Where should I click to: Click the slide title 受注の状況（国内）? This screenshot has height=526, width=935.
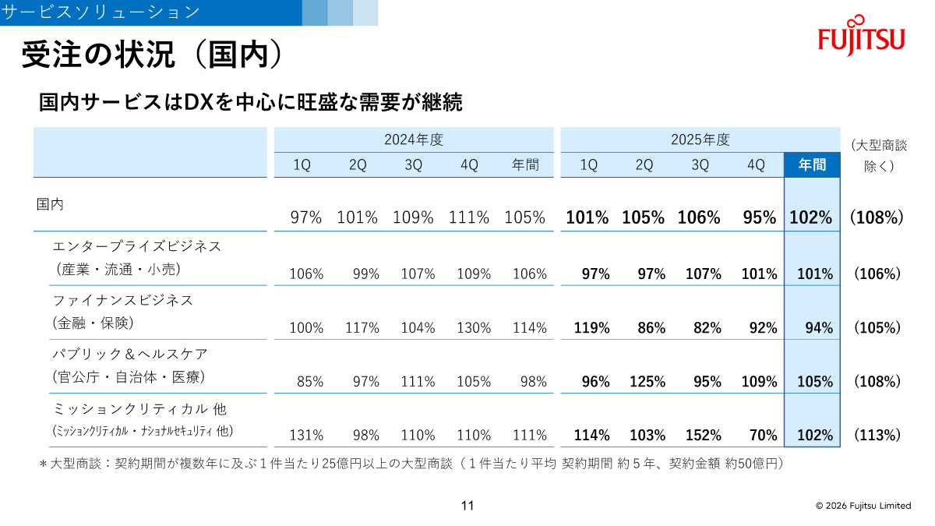[x=150, y=55]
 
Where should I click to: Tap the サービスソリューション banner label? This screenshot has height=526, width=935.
[x=101, y=12]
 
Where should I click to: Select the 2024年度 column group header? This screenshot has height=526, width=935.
[x=413, y=140]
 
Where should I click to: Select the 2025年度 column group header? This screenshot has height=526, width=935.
[x=700, y=140]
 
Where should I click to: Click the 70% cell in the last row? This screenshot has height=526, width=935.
[x=763, y=435]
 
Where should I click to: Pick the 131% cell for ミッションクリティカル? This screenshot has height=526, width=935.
[x=306, y=435]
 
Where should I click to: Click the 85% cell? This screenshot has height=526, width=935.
[x=309, y=382]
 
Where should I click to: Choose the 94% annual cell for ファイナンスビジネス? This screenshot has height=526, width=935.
[x=818, y=328]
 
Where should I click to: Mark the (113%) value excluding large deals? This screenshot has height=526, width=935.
[x=877, y=435]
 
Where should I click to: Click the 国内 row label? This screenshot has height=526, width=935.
[x=51, y=204]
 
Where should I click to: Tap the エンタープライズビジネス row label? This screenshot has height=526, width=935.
[x=137, y=246]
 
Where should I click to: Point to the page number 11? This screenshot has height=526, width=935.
[x=467, y=506]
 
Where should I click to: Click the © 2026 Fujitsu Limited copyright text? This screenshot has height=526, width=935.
[x=863, y=506]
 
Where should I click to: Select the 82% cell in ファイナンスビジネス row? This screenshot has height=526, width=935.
[x=707, y=328]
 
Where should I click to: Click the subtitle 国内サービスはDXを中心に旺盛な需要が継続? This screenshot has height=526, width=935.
[x=250, y=102]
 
